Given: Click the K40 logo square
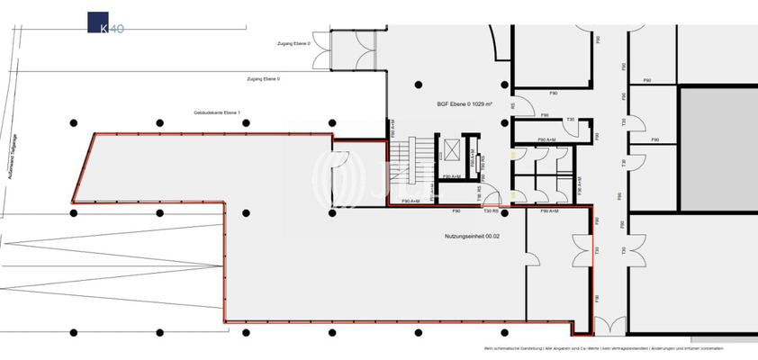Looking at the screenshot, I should point(98,23).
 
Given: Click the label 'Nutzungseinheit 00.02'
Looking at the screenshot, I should point(473,236).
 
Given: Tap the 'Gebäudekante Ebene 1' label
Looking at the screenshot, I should point(219,113).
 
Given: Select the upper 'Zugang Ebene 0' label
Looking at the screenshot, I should point(294,43).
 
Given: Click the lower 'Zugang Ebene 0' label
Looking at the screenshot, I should point(263,79).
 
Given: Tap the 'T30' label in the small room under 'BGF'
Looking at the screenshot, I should point(570,120).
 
